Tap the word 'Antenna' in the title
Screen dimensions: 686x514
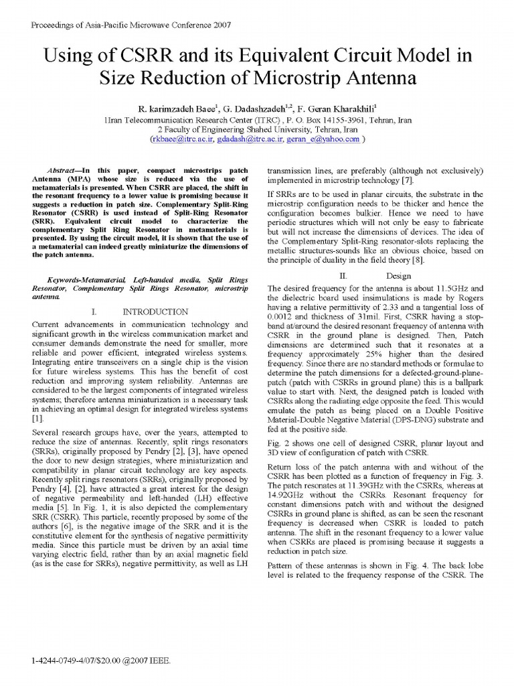click(x=379, y=78)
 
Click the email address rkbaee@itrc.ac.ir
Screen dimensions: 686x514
click(x=177, y=139)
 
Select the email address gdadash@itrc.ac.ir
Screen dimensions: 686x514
click(x=246, y=139)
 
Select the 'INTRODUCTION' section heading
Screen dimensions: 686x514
click(x=155, y=312)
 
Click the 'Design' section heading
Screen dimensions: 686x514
click(x=399, y=276)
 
